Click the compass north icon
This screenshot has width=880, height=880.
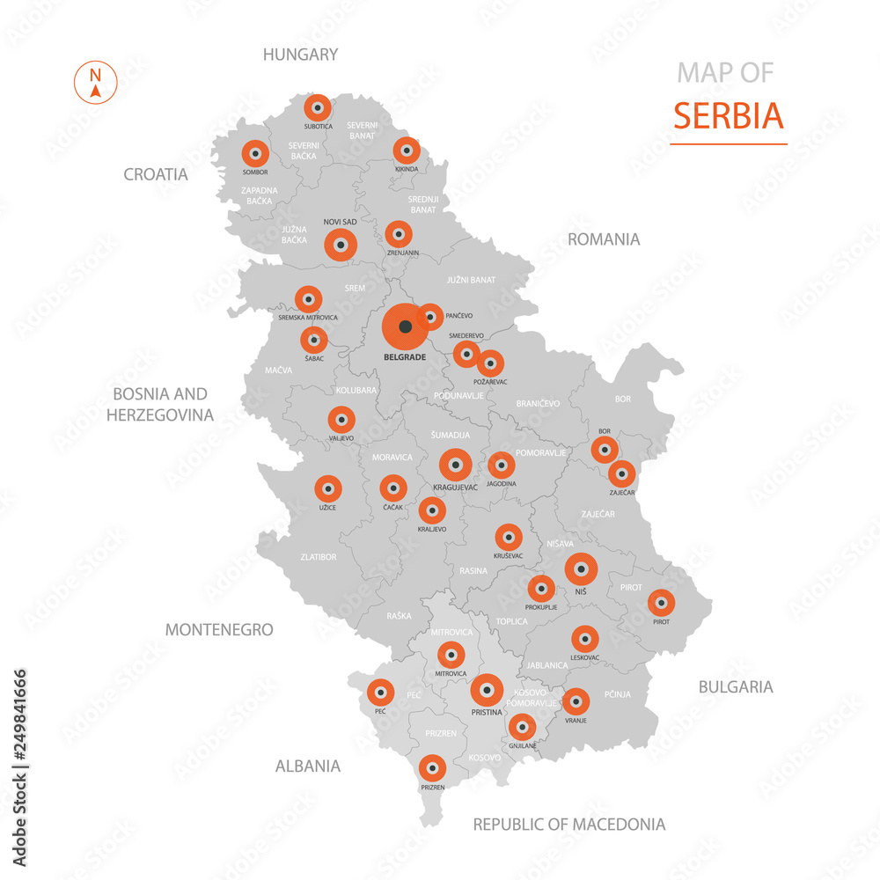click(95, 84)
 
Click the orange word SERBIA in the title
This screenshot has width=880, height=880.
click(728, 115)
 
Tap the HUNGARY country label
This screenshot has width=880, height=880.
click(300, 55)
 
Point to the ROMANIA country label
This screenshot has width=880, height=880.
click(603, 239)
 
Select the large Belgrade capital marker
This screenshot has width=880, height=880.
click(405, 326)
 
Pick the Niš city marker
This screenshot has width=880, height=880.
click(581, 569)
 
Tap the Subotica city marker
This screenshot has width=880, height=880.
click(317, 108)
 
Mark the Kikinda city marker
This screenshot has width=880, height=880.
click(406, 150)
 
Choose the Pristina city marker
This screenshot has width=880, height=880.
click(487, 691)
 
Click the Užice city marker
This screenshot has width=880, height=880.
click(328, 488)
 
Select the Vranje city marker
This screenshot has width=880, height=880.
click(576, 701)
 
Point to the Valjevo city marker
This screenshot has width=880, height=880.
click(341, 420)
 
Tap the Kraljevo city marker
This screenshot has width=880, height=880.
click(431, 510)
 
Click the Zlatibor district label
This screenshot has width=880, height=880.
click(318, 557)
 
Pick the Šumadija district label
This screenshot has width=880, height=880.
click(450, 435)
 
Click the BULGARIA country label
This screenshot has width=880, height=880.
click(735, 686)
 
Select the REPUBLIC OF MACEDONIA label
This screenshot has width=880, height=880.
click(568, 825)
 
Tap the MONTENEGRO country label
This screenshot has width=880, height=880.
click(219, 630)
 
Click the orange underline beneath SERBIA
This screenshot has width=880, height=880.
click(728, 143)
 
